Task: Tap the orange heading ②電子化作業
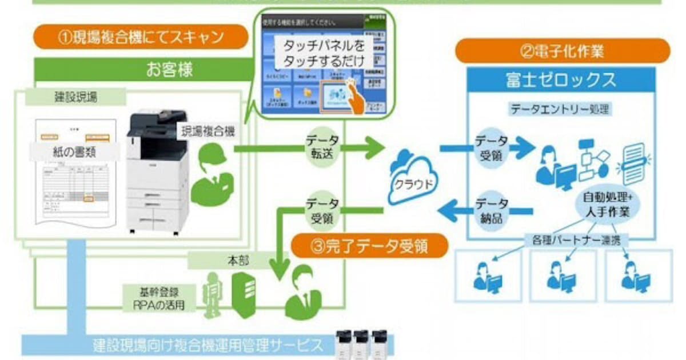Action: (563, 51)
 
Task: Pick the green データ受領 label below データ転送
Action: (322, 210)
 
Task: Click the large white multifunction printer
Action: (157, 171)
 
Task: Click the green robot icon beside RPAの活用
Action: (213, 293)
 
